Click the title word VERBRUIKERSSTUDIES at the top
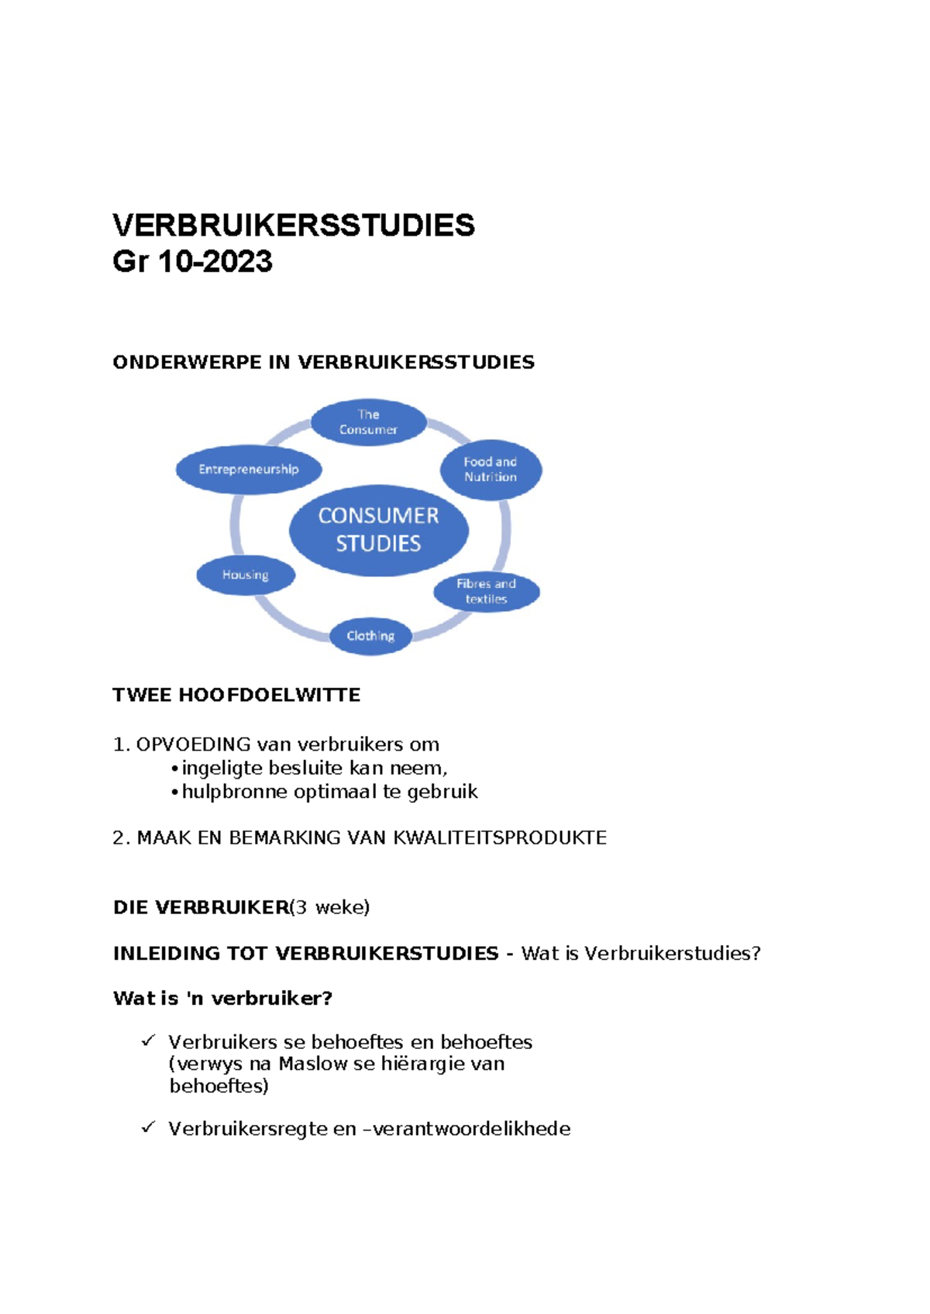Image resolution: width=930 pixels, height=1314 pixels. click(x=294, y=225)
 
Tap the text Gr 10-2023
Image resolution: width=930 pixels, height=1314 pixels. click(x=192, y=262)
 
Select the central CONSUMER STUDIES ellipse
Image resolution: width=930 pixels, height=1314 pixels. click(x=378, y=530)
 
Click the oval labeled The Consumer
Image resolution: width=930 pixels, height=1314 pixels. click(x=368, y=422)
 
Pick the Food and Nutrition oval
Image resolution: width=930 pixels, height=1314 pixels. click(x=491, y=470)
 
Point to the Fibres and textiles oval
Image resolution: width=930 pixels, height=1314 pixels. click(x=486, y=591)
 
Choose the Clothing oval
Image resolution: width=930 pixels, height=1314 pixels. click(x=370, y=636)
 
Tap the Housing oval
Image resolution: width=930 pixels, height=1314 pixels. click(x=245, y=575)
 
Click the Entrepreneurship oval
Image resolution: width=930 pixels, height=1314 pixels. click(x=248, y=469)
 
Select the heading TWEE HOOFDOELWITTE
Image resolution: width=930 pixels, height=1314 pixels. click(x=236, y=695)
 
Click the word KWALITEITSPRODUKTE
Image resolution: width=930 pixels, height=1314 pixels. click(x=500, y=838)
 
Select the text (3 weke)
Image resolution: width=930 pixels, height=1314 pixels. click(x=330, y=907)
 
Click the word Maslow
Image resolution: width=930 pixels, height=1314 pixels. click(x=313, y=1064)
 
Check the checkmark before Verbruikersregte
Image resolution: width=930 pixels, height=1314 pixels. click(x=148, y=1127)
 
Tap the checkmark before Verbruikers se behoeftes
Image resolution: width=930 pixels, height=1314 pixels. click(x=148, y=1041)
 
